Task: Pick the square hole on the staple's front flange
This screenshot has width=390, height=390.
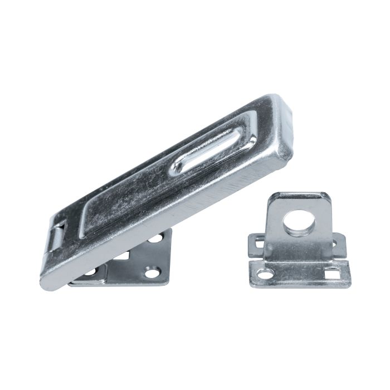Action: point(332,273)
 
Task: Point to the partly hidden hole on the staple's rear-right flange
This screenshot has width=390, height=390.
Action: point(335,243)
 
